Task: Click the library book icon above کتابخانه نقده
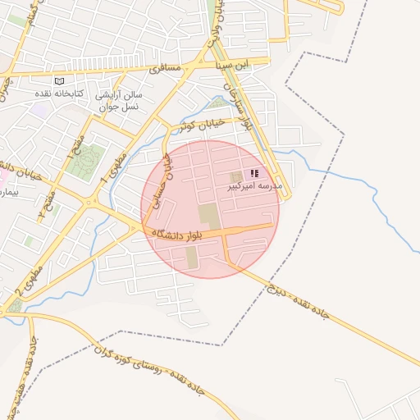(58, 81)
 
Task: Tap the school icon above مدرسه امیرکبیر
(254, 174)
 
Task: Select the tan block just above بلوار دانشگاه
(208, 217)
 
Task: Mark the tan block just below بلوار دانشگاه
(191, 257)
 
